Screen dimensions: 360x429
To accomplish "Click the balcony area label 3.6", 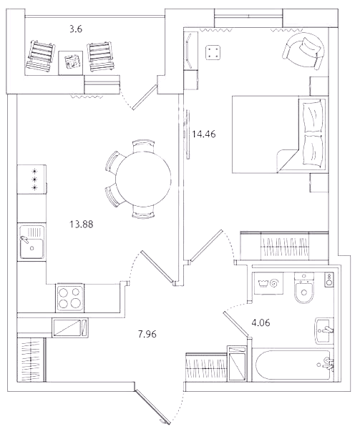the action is pos(76,29).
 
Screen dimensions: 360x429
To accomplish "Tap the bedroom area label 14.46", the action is pos(204,134).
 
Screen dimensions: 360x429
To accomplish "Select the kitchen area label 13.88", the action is pos(82,225).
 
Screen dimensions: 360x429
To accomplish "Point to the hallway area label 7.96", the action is pos(147,334).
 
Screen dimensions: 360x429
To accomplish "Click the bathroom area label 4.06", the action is pos(261,323).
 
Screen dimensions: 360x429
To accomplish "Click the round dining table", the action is pos(143,179).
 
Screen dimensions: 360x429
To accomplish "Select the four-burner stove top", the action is pos(70,298).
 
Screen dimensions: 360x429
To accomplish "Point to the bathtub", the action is pos(293,365).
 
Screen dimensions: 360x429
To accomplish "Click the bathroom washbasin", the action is pos(324,331).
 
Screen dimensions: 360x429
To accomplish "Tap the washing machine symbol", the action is pos(268,283).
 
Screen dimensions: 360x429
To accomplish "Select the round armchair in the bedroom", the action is pos(304,51).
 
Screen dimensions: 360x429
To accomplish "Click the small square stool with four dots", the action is pos(213,52).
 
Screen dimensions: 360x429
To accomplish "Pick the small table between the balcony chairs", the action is pos(71,63).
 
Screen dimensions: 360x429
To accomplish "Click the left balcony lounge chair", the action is pos(41,56).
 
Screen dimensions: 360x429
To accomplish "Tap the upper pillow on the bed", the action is pos(313,117).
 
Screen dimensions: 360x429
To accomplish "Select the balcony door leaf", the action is pos(145,97).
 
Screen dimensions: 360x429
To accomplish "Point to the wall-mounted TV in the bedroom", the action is pos(188,134).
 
